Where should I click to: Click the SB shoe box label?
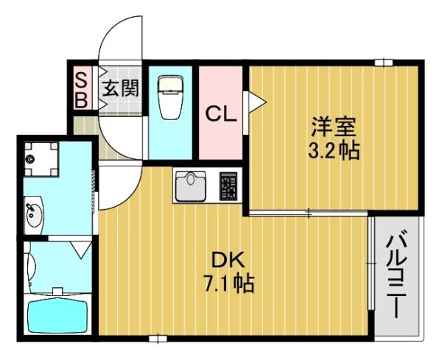[80, 88]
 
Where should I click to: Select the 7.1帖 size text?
[229, 282]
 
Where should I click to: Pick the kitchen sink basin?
[194, 184]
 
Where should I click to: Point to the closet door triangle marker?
[255, 101]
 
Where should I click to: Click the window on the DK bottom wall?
[155, 339]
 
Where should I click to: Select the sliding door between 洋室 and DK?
[308, 213]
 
